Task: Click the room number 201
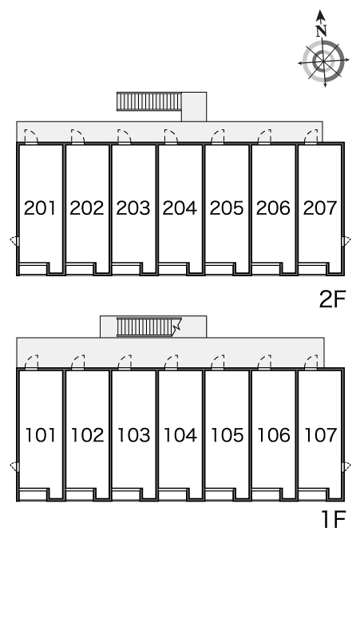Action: click(x=40, y=208)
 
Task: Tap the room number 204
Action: click(x=180, y=208)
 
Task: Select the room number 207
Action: click(x=320, y=208)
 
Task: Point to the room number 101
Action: click(x=41, y=434)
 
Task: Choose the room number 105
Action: click(x=227, y=434)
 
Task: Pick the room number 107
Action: click(x=321, y=434)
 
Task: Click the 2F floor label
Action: click(x=332, y=299)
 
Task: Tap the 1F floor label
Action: click(x=334, y=519)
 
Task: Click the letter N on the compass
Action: click(x=322, y=30)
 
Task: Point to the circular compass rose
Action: click(x=324, y=61)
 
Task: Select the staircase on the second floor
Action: click(x=149, y=101)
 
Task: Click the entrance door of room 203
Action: click(x=125, y=137)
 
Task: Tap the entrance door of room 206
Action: click(x=264, y=137)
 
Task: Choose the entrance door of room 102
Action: click(x=78, y=362)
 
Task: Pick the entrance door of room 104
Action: click(x=172, y=362)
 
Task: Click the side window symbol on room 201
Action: click(x=14, y=241)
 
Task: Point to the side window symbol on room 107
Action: click(x=346, y=466)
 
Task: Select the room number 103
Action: click(x=133, y=434)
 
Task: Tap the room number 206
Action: click(x=273, y=208)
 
